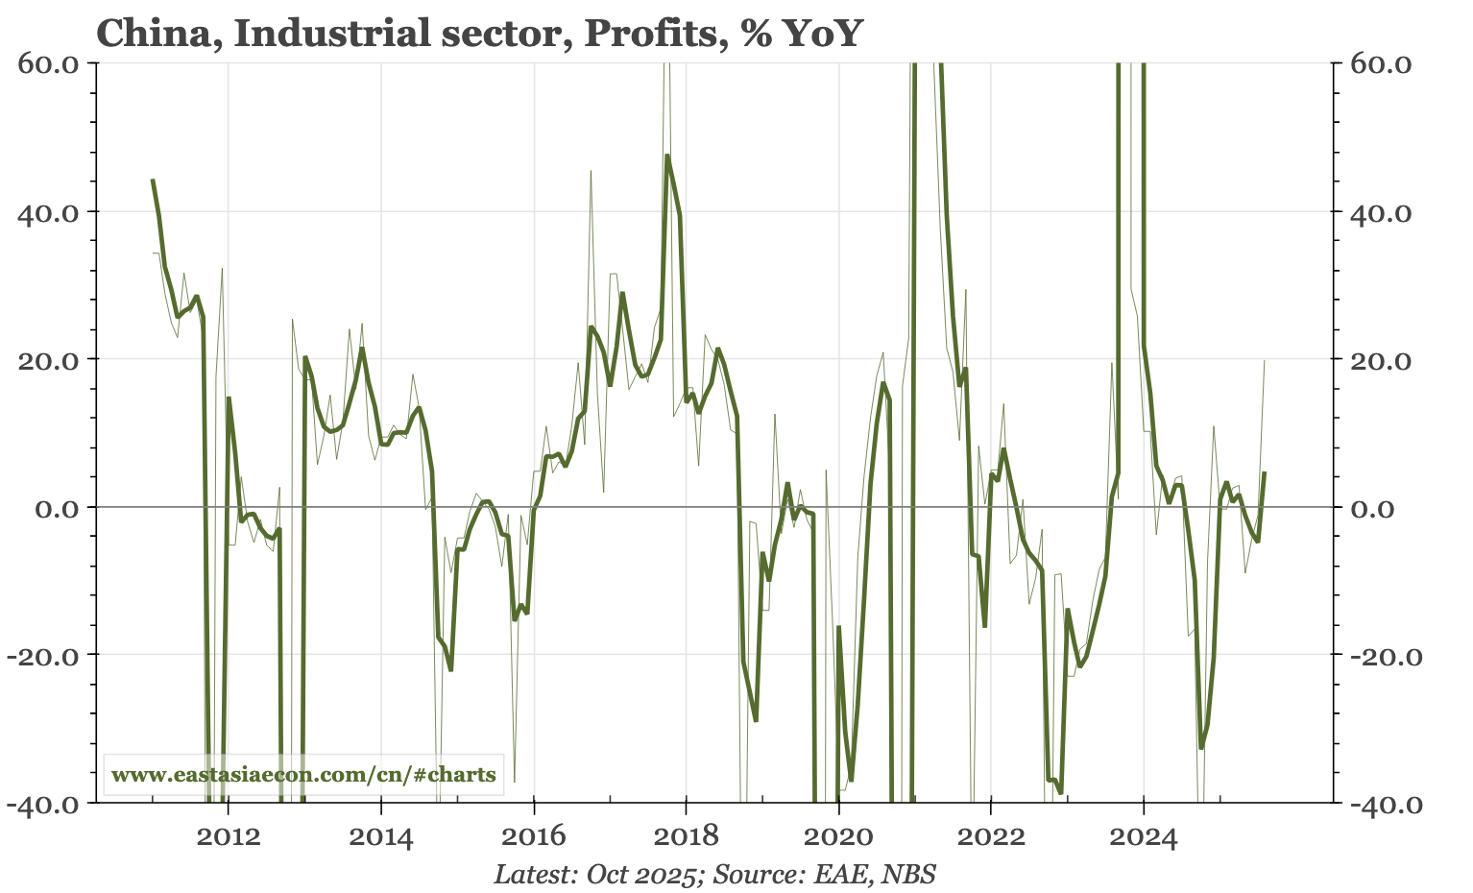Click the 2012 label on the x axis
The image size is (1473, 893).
pyautogui.click(x=229, y=838)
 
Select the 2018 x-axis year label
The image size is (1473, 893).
pyautogui.click(x=686, y=838)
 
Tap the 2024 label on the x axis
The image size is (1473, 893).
pyautogui.click(x=1143, y=838)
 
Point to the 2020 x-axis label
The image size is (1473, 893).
pyautogui.click(x=838, y=838)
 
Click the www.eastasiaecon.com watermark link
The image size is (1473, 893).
pyautogui.click(x=303, y=775)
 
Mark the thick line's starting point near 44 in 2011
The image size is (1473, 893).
pyautogui.click(x=153, y=180)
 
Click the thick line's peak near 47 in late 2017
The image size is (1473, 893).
pyautogui.click(x=666, y=156)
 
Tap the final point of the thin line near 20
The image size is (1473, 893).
pyautogui.click(x=1265, y=360)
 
